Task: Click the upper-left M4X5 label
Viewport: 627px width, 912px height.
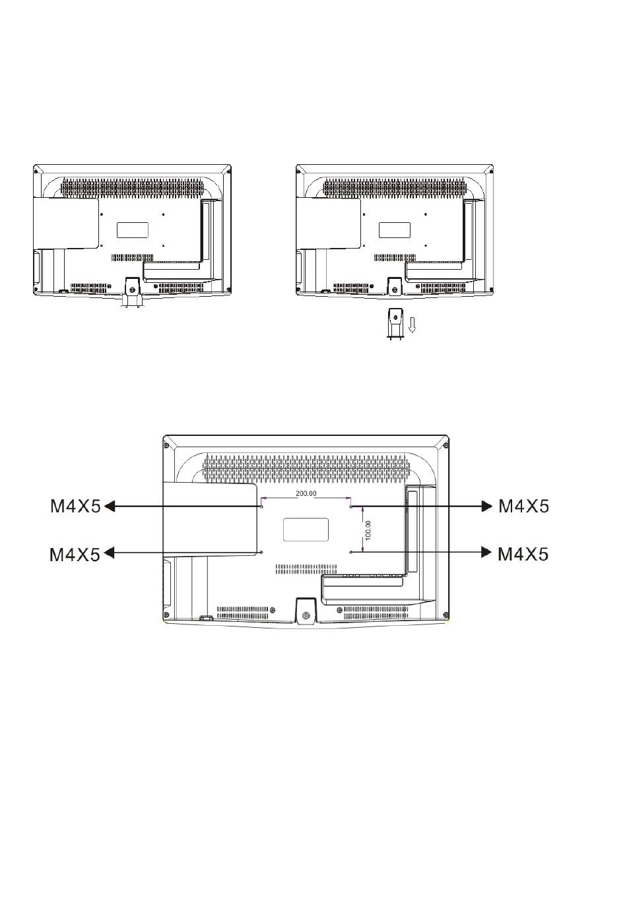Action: click(75, 506)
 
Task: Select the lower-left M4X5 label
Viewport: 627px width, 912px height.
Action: click(75, 555)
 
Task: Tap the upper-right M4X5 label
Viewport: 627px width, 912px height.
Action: click(524, 506)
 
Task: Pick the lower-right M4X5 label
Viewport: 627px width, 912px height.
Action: click(523, 554)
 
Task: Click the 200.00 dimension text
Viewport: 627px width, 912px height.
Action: click(306, 493)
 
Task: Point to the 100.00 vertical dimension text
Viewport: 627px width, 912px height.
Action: click(368, 530)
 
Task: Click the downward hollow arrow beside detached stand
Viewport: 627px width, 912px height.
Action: click(412, 325)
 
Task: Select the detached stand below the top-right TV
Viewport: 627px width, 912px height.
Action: click(395, 324)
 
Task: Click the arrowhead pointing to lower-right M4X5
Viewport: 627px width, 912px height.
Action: click(487, 552)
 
